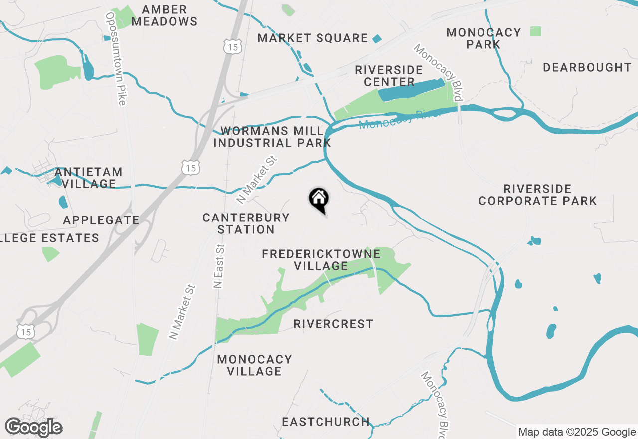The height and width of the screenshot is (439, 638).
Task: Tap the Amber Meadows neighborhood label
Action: pos(164,16)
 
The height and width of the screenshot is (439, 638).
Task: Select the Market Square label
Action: pos(313,38)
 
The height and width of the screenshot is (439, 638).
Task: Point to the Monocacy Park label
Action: pos(483,38)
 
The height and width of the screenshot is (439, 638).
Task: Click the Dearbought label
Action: pos(587,67)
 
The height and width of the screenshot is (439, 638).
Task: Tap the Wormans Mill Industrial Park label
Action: pos(272,137)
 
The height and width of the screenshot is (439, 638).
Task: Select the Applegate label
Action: pos(101,220)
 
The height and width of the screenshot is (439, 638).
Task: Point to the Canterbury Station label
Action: pos(246,223)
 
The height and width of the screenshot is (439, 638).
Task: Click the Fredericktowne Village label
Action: pos(321,260)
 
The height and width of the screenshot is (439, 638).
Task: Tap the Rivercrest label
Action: pos(333,324)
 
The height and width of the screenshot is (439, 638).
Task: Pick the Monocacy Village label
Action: pos(254,365)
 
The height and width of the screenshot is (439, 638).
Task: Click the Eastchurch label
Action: pos(325,422)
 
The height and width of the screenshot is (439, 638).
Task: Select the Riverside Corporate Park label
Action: pos(537,195)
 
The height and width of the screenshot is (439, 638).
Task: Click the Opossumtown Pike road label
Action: pos(115,59)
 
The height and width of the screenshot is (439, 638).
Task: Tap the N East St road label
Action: pos(219,266)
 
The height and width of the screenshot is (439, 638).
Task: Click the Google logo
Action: pos(33,428)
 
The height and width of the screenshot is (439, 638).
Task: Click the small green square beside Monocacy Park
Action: pos(535,31)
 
